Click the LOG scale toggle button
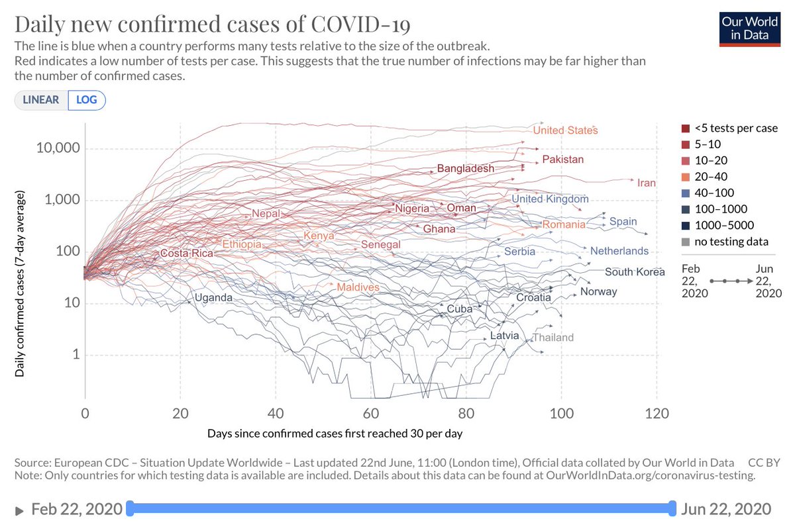pyautogui.click(x=86, y=100)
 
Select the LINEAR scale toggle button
pyautogui.click(x=41, y=100)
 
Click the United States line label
pyautogui.click(x=565, y=130)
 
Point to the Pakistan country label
pyautogui.click(x=562, y=160)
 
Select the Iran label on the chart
pyautogui.click(x=646, y=183)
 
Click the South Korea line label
pyautogui.click(x=634, y=272)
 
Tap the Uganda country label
pyautogui.click(x=213, y=298)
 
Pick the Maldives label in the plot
pyautogui.click(x=358, y=287)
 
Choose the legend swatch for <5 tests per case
pyautogui.click(x=685, y=128)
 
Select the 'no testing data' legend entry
pyautogui.click(x=731, y=242)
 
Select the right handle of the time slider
pyautogui.click(x=673, y=508)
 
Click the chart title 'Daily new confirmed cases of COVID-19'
pyautogui.click(x=212, y=25)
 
